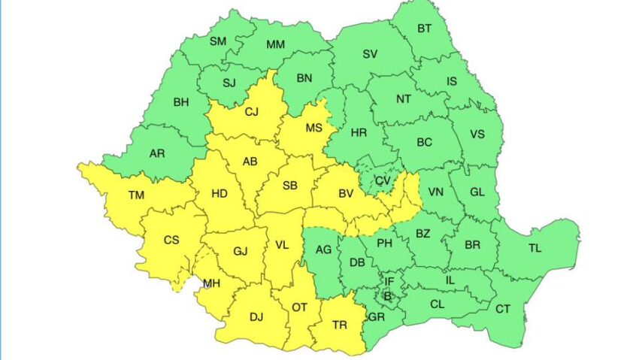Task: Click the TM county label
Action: [136, 195]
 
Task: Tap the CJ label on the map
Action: [252, 113]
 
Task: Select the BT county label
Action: [424, 29]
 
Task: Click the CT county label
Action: [501, 308]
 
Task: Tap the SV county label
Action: [370, 54]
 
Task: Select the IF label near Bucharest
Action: [389, 282]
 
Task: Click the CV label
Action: [383, 180]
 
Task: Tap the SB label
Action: [289, 186]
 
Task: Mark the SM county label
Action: [218, 41]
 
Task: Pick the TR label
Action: [339, 325]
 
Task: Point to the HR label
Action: [359, 132]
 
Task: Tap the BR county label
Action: [473, 245]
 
